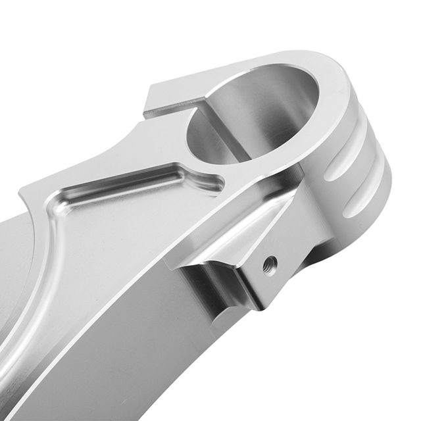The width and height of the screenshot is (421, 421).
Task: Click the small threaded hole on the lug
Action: tap(270, 265)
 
